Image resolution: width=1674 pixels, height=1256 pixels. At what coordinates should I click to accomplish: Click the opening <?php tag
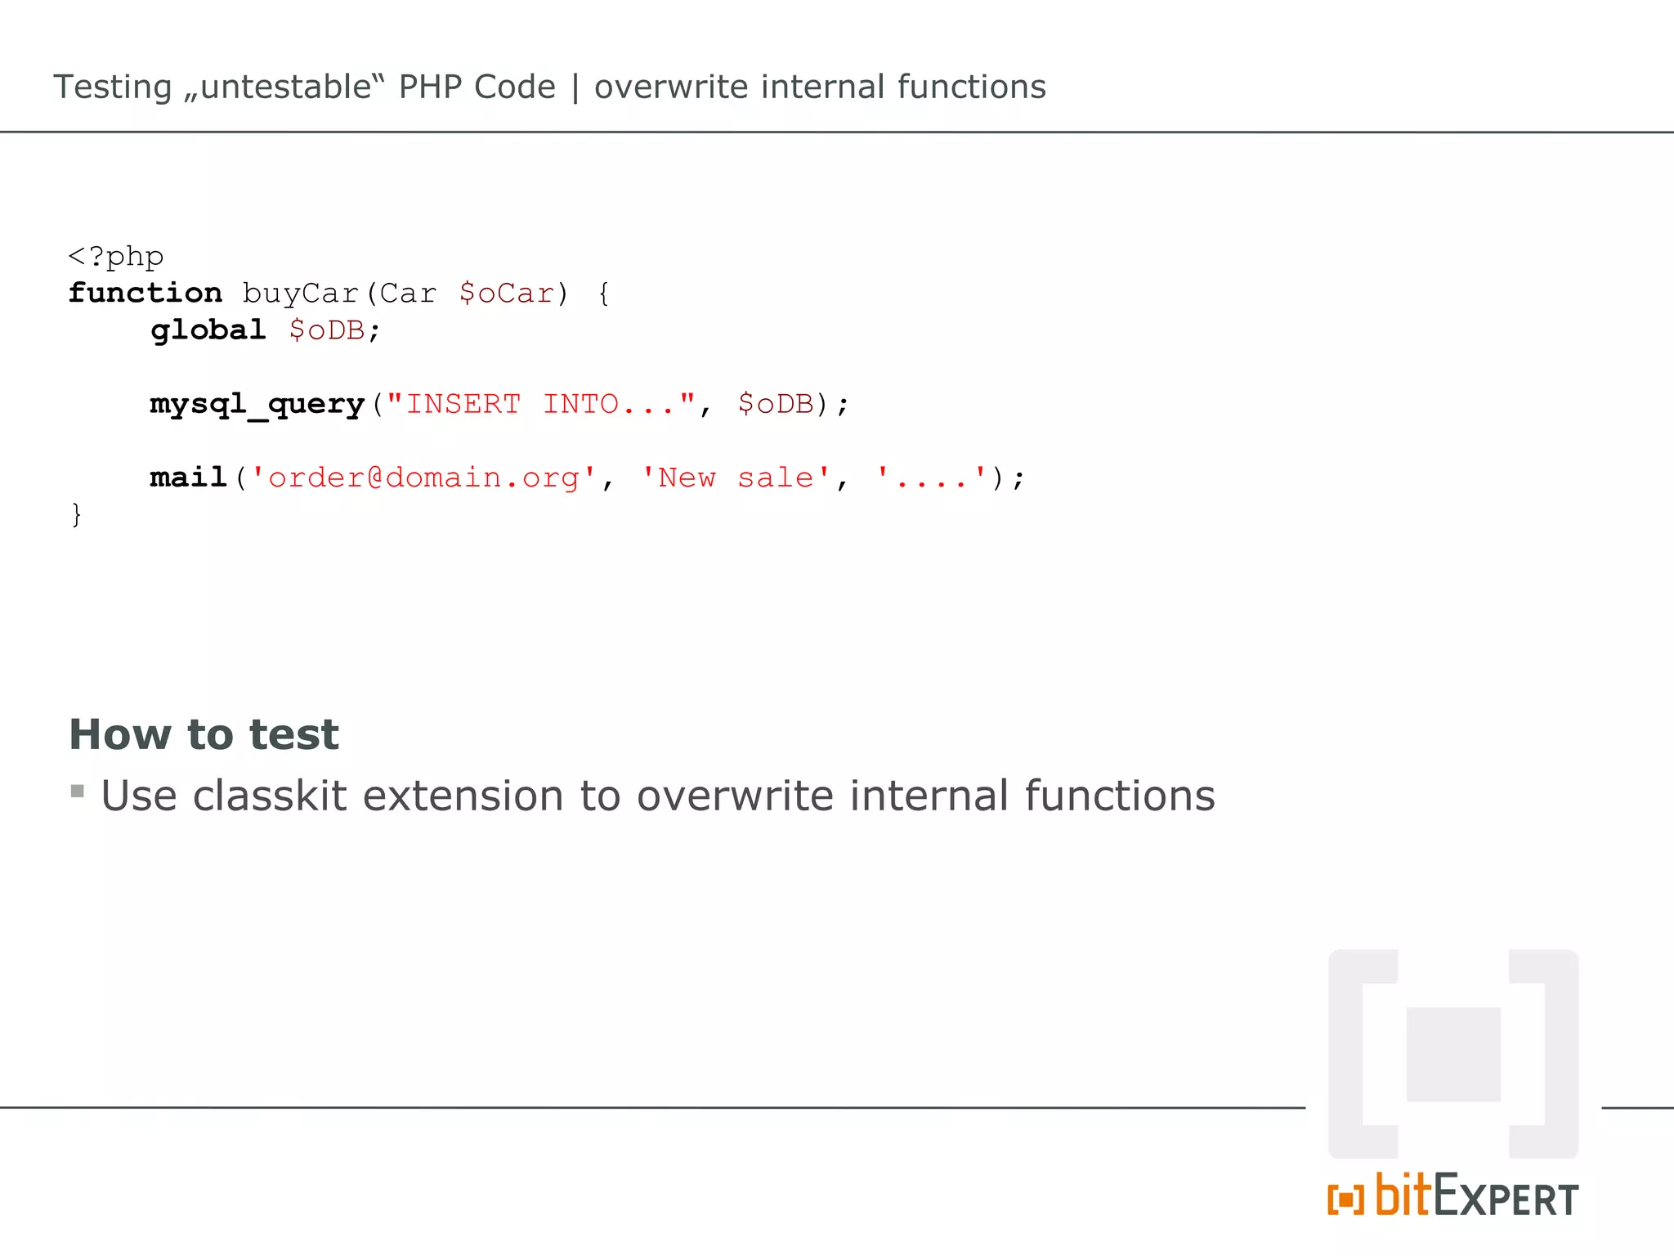pyautogui.click(x=116, y=257)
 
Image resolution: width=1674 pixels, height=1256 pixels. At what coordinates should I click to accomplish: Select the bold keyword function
pyautogui.click(x=145, y=293)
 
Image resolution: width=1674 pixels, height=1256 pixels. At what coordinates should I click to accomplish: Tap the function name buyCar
pyautogui.click(x=301, y=294)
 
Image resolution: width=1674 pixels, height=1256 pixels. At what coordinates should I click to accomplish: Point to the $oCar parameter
pyautogui.click(x=507, y=294)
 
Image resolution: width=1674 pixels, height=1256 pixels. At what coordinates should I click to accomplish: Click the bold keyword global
pyautogui.click(x=208, y=330)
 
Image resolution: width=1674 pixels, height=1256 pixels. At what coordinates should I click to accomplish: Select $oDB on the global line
pyautogui.click(x=328, y=330)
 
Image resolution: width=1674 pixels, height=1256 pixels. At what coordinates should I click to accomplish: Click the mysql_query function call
pyautogui.click(x=257, y=404)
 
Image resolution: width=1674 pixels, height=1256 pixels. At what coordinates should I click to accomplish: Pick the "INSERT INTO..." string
pyautogui.click(x=540, y=404)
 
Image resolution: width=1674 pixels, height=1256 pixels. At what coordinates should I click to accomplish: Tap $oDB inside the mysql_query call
pyautogui.click(x=776, y=404)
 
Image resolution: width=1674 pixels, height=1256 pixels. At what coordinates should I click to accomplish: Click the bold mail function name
pyautogui.click(x=188, y=478)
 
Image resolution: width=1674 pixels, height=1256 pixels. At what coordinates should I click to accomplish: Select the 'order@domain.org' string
pyautogui.click(x=423, y=478)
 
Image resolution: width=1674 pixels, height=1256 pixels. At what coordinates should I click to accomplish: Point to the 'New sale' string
pyautogui.click(x=735, y=478)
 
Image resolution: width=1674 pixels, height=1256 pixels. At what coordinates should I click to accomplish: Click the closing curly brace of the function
pyautogui.click(x=76, y=515)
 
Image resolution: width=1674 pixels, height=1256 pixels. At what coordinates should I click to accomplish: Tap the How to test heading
pyautogui.click(x=204, y=733)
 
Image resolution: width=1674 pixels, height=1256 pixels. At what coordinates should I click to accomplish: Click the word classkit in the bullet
pyautogui.click(x=270, y=796)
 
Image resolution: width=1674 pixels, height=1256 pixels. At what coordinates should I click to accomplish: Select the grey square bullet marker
pyautogui.click(x=78, y=791)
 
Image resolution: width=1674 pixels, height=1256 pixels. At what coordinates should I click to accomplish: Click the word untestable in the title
pyautogui.click(x=286, y=87)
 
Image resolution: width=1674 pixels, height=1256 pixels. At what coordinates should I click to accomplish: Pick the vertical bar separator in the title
pyautogui.click(x=575, y=87)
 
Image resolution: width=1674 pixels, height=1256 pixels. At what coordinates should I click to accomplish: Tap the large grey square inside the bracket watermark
pyautogui.click(x=1453, y=1054)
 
